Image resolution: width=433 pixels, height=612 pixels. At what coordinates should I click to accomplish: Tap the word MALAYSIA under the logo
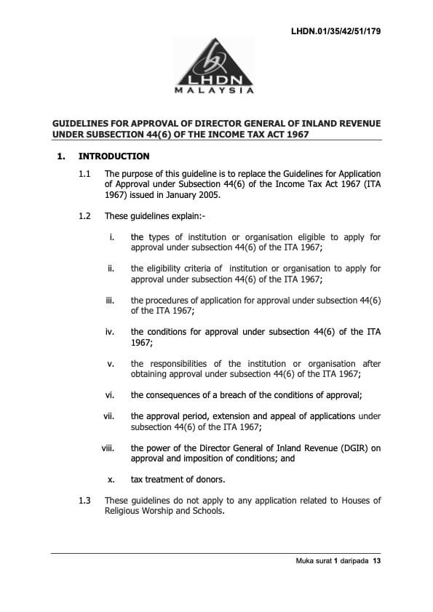214,91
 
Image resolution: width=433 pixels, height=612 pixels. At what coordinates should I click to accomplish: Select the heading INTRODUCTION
114,156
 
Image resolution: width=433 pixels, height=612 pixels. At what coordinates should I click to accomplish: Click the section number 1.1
84,174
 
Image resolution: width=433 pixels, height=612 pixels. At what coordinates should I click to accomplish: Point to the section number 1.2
84,216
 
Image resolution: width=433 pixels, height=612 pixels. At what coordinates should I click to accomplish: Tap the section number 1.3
84,501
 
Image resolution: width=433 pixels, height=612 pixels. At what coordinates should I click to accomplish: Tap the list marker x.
111,480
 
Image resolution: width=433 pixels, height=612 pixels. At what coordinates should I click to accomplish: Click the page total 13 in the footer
376,562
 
